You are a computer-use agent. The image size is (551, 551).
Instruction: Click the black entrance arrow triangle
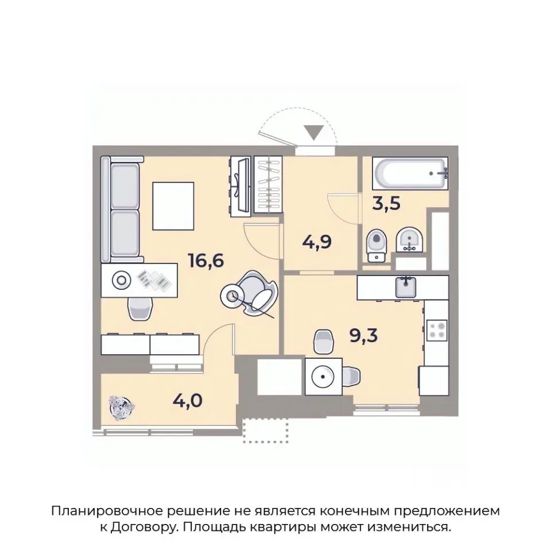point(313,133)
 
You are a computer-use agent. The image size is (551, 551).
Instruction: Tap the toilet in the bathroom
point(377,244)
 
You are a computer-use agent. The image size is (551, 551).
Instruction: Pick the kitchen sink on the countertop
point(406,286)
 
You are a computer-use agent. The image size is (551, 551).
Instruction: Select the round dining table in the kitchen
point(322,377)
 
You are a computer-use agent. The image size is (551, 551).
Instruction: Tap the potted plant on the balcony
point(122,406)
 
